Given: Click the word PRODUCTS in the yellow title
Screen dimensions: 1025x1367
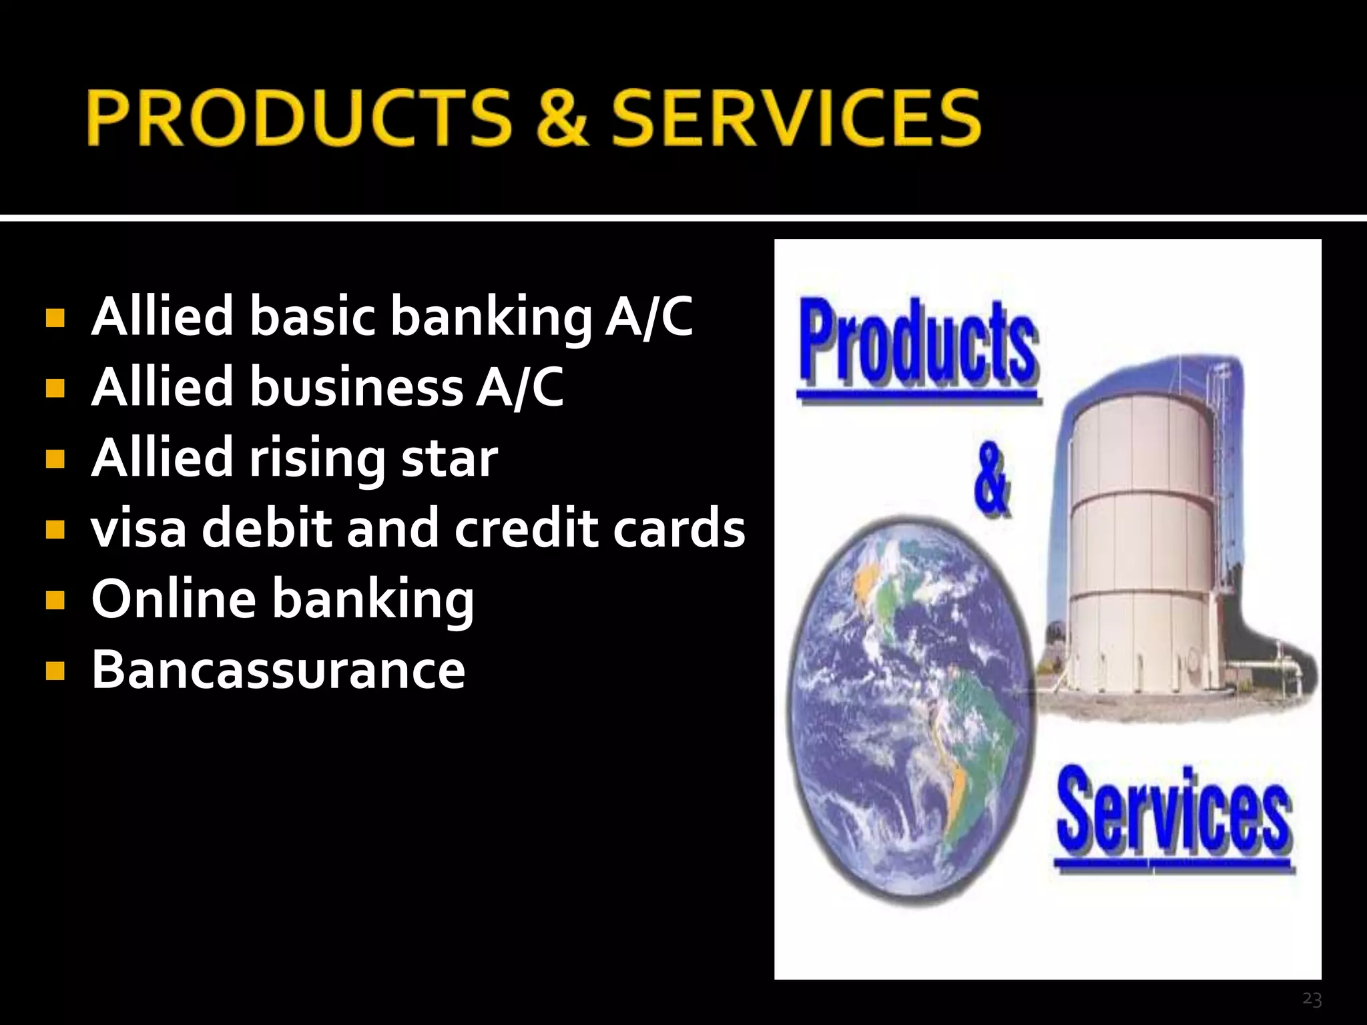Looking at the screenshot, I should (298, 118).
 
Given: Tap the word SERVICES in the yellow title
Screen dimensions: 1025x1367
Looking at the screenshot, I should (796, 118).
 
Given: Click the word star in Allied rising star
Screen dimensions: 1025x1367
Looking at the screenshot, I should (449, 458).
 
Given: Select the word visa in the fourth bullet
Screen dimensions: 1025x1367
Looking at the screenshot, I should (139, 529).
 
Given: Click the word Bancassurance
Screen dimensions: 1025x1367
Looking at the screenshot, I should (278, 670).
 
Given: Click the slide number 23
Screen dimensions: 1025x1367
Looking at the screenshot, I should (1312, 999).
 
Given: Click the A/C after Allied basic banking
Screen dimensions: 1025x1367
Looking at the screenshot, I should (649, 316).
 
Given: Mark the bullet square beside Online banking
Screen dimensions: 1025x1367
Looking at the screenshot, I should (55, 600).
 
